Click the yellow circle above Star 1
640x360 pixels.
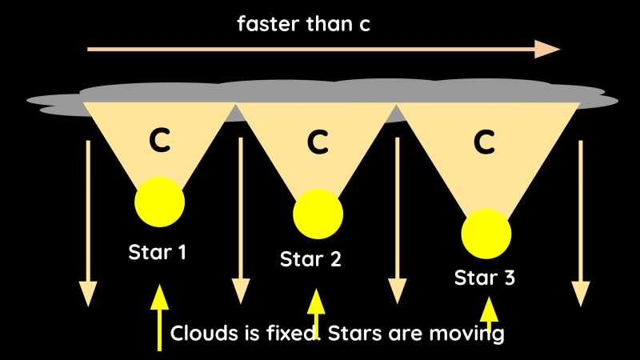click(x=160, y=202)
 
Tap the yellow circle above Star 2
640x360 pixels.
click(x=318, y=214)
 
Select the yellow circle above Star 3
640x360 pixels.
click(x=486, y=233)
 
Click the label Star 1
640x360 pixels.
click(x=158, y=253)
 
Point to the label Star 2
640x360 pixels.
click(x=310, y=259)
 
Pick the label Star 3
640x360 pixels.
click(x=485, y=278)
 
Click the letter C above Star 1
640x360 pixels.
click(x=160, y=141)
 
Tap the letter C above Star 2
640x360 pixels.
click(x=318, y=143)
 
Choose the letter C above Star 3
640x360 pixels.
click(x=484, y=142)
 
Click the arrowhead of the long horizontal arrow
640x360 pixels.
click(x=549, y=49)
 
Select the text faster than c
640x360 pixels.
click(x=303, y=24)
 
